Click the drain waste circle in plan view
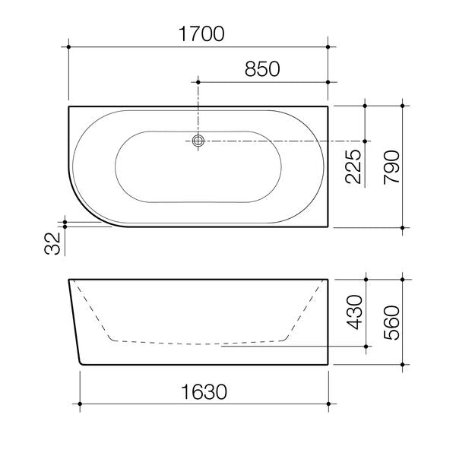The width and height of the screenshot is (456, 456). [198, 141]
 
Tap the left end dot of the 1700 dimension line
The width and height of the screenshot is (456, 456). [69, 47]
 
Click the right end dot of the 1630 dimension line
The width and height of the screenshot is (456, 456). [328, 402]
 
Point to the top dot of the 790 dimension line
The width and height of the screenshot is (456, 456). [402, 106]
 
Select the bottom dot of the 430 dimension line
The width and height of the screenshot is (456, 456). [366, 346]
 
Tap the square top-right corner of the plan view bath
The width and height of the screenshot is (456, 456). [328, 106]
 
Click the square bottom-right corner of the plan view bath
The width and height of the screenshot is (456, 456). [328, 226]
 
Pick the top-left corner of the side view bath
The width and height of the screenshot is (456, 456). [69, 280]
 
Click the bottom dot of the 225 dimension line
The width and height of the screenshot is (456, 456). [366, 141]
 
